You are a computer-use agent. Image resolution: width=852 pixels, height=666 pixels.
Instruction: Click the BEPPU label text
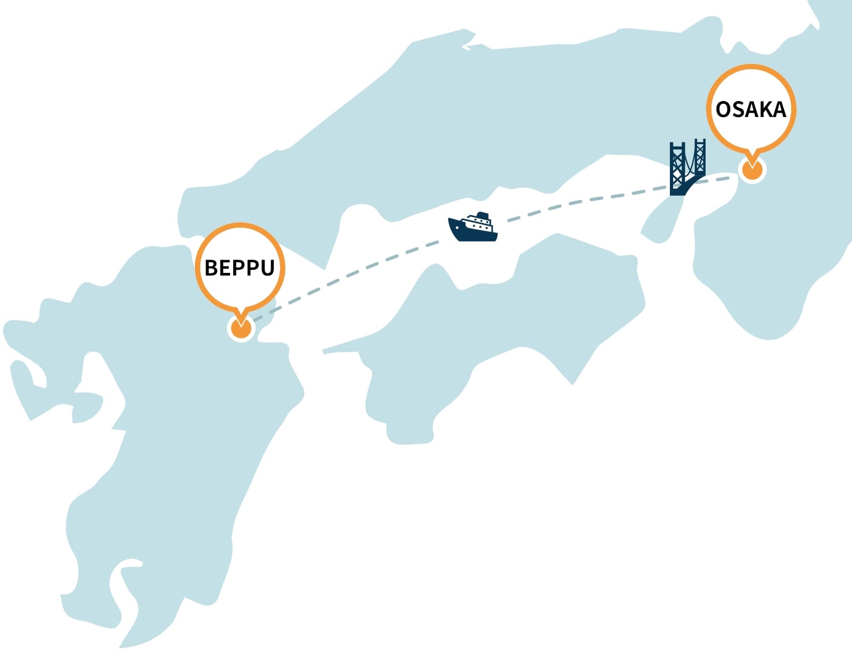[240, 268]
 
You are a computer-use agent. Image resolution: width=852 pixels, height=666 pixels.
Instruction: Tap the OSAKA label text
[751, 110]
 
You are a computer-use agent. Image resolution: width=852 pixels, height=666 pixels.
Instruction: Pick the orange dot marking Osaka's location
[752, 171]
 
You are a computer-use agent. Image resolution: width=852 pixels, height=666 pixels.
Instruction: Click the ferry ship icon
[473, 228]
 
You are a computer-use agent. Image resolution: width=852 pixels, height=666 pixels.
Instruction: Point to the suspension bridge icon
[687, 167]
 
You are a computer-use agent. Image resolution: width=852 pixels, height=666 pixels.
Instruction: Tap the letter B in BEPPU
[211, 268]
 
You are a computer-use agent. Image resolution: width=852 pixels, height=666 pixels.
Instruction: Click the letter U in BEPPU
[267, 268]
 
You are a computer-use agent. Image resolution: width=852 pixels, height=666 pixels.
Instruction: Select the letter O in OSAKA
[723, 110]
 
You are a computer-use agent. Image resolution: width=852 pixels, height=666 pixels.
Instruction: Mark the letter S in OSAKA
[738, 110]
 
